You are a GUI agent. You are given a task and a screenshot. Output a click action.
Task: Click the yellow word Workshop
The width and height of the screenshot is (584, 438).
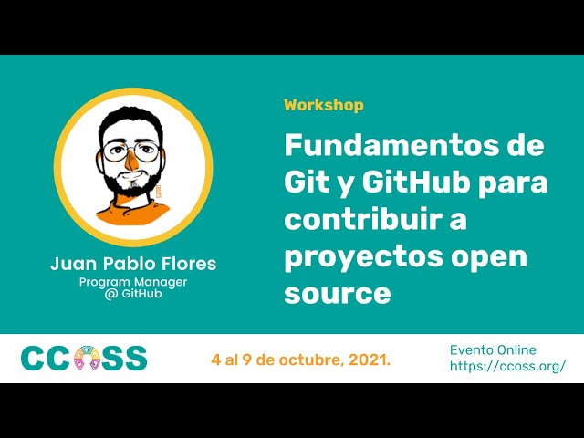coord(323,105)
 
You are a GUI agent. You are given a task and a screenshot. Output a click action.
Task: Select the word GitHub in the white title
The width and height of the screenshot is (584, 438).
coord(423,182)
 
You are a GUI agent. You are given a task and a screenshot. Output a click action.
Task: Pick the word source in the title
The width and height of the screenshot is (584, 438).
coord(337,294)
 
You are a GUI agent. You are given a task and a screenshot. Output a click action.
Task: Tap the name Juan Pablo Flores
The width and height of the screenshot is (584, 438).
coord(133,265)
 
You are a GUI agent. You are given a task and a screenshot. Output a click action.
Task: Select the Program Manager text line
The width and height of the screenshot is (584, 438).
coord(133,282)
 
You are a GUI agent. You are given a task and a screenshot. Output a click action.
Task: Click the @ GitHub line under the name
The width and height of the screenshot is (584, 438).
coord(133,295)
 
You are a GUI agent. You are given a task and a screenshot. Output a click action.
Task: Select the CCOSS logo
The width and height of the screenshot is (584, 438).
coord(83,359)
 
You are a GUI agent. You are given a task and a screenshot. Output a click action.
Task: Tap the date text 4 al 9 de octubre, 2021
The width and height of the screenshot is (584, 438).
coord(301,360)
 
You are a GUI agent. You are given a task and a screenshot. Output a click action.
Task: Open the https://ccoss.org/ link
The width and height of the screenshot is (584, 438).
coord(507,366)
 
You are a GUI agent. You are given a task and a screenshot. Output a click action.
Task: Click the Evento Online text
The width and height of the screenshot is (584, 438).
coord(493,349)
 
